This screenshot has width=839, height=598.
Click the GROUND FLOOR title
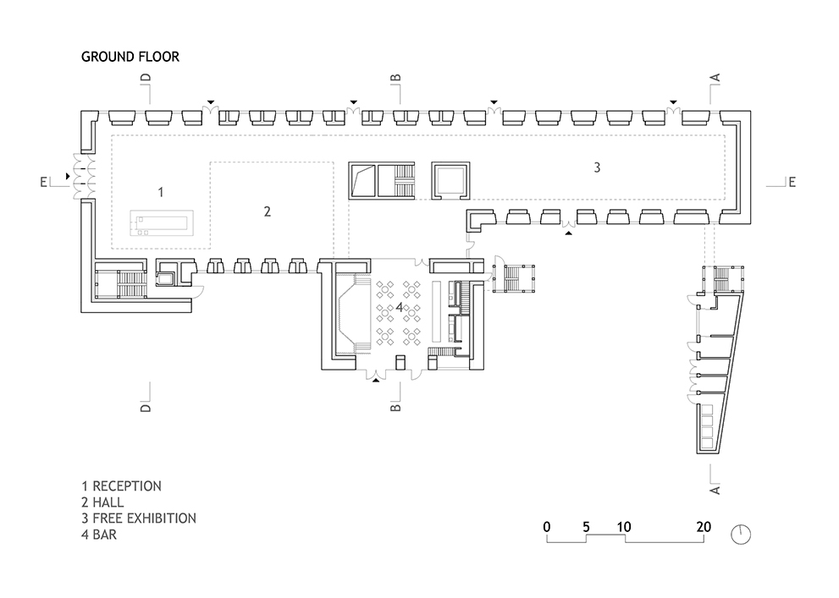pyautogui.click(x=130, y=57)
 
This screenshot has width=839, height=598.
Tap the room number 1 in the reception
pyautogui.click(x=161, y=192)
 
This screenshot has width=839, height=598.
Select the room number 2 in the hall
pyautogui.click(x=268, y=211)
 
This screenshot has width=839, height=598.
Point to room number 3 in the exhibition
pyautogui.click(x=597, y=167)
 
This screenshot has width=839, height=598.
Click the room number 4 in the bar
pyautogui.click(x=399, y=307)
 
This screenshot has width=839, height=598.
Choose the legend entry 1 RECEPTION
pyautogui.click(x=121, y=486)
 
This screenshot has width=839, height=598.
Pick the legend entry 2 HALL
pyautogui.click(x=102, y=502)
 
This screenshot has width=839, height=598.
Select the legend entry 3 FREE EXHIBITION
pyautogui.click(x=139, y=518)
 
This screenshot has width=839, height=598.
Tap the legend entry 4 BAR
pyautogui.click(x=99, y=535)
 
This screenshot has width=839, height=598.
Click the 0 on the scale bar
pyautogui.click(x=546, y=527)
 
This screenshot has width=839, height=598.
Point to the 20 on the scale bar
pyautogui.click(x=704, y=527)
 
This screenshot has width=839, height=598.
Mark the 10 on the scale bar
pyautogui.click(x=624, y=527)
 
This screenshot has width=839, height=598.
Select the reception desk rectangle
pyautogui.click(x=162, y=222)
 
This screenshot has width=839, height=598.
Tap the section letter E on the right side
pyautogui.click(x=792, y=182)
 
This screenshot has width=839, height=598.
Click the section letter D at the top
pyautogui.click(x=146, y=78)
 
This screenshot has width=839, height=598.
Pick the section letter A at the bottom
pyautogui.click(x=715, y=490)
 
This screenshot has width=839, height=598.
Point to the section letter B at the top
pyautogui.click(x=395, y=78)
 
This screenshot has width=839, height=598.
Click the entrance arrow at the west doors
pyautogui.click(x=68, y=176)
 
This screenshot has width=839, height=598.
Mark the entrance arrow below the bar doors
pyautogui.click(x=376, y=381)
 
